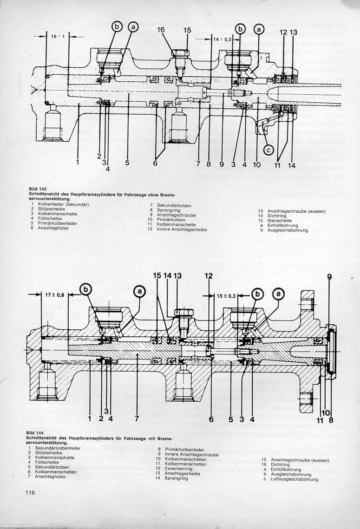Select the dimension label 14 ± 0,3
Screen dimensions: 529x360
[222, 40]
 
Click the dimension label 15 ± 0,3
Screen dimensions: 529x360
[226, 295]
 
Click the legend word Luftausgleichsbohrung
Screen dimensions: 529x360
[294, 479]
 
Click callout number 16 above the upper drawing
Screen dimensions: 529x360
[161, 30]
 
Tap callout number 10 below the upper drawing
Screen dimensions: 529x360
[255, 164]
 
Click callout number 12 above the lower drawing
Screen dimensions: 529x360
[209, 276]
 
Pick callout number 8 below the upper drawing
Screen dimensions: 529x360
[209, 164]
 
